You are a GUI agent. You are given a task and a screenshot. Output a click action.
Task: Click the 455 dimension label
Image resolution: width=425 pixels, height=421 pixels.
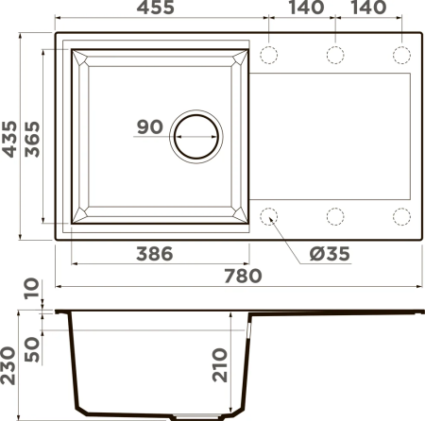(x=156, y=7)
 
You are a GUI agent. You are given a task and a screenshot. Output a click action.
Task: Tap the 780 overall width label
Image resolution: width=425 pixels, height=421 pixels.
(x=243, y=276)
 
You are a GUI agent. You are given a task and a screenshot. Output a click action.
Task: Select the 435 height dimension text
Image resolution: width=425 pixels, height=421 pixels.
(x=9, y=139)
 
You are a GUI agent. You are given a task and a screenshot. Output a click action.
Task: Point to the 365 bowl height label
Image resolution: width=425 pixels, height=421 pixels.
(x=32, y=139)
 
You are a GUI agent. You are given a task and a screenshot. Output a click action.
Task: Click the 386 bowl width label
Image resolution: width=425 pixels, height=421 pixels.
(x=155, y=254)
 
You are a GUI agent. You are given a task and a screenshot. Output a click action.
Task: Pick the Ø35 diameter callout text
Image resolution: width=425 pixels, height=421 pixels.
(x=330, y=254)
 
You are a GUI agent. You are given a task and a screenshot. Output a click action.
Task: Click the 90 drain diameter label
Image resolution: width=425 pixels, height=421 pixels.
(x=150, y=126)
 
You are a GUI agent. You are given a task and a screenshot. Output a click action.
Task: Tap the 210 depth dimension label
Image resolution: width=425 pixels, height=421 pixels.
(x=219, y=365)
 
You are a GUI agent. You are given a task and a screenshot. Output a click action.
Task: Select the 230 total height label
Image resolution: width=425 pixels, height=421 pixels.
(x=8, y=365)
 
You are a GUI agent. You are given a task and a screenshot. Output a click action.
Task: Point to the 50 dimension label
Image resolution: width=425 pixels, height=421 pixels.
(x=32, y=349)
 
